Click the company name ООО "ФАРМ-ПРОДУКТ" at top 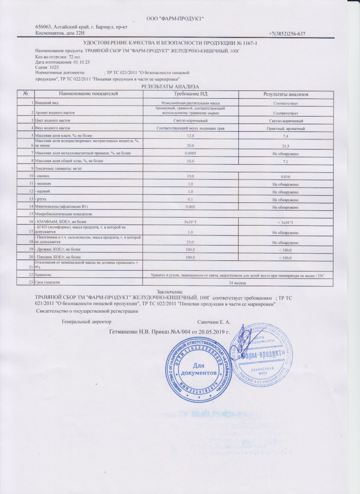click(x=175, y=18)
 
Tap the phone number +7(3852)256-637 click(x=287, y=34)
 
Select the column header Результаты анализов click(x=286, y=94)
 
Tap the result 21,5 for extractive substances click(x=285, y=145)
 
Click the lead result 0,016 click(x=285, y=176)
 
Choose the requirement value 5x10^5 click(x=190, y=222)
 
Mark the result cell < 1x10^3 click(x=285, y=223)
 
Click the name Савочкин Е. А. click(x=213, y=323)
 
